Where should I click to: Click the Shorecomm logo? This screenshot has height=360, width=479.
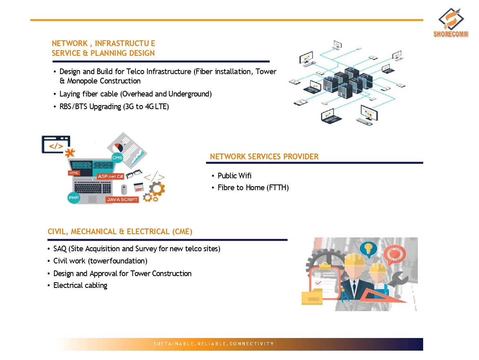[x=451, y=23]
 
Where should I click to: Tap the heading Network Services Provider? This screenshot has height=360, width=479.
[x=264, y=156]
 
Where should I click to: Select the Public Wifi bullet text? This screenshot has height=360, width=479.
[x=234, y=176]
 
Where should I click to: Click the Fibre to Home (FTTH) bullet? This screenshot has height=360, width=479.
[x=253, y=188]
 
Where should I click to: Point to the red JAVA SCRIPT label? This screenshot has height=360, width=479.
[x=122, y=200]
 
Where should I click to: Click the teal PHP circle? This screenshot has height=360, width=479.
[x=74, y=198]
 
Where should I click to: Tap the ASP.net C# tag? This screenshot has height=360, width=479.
[x=110, y=176]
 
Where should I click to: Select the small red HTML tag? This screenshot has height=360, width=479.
[x=74, y=173]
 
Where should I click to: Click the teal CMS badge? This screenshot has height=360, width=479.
[x=117, y=158]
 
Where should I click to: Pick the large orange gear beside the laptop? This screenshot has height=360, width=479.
[x=157, y=189]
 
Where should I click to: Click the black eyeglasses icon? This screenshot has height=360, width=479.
[x=134, y=173]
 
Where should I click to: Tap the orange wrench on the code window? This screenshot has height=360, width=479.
[x=70, y=153]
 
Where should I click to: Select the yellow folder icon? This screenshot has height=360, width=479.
[x=312, y=297]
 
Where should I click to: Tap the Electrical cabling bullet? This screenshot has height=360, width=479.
[x=80, y=285]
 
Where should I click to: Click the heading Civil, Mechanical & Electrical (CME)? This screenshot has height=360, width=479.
[x=120, y=232]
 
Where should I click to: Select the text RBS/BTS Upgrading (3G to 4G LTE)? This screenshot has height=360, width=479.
[x=114, y=107]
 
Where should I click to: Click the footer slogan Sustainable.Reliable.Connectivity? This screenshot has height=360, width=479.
[x=214, y=344]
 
